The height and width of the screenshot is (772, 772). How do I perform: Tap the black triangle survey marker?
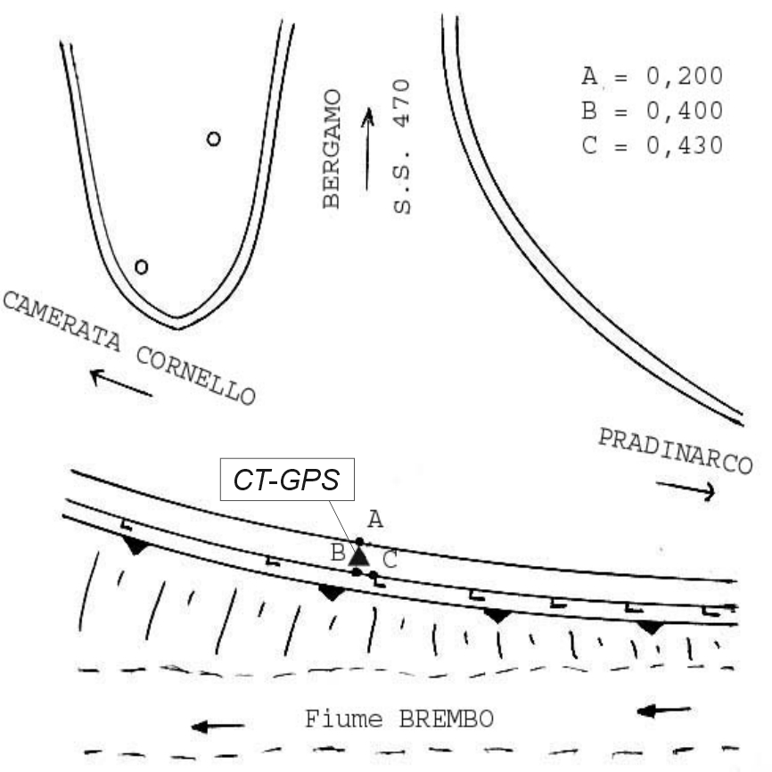(359, 556)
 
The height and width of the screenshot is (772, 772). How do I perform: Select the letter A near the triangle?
(375, 520)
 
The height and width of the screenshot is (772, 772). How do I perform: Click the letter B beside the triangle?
(339, 553)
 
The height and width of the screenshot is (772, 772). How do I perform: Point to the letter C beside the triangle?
(390, 561)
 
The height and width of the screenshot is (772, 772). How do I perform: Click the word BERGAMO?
(332, 149)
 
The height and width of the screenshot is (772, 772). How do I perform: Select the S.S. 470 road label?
(402, 146)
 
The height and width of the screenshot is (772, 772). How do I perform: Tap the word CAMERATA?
(62, 321)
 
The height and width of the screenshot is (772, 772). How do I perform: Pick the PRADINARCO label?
(676, 451)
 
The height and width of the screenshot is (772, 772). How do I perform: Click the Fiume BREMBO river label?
(399, 719)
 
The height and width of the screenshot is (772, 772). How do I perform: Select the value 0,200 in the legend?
(685, 77)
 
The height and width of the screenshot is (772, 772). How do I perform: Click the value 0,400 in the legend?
(685, 111)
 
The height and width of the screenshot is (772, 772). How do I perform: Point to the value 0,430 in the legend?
(685, 145)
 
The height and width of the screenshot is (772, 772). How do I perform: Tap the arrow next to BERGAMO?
(367, 149)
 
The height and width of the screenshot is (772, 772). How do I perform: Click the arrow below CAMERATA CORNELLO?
(121, 382)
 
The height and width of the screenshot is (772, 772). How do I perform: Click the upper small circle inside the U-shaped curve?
(213, 139)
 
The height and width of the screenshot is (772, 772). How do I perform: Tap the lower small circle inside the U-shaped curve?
(142, 267)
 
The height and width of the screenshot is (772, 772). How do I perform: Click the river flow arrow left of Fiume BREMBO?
(218, 727)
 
